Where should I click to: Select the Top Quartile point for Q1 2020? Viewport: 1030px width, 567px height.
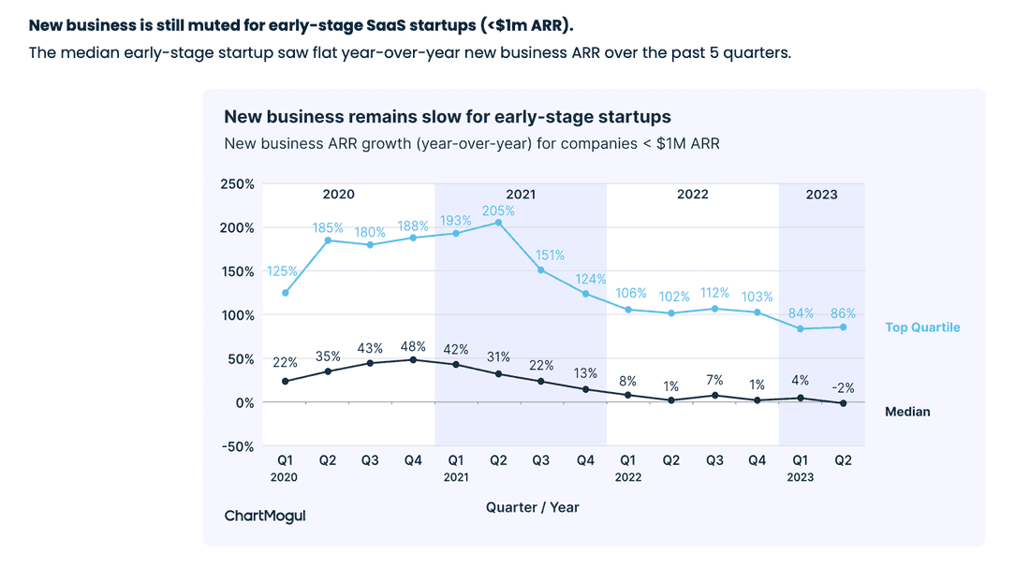click(x=285, y=293)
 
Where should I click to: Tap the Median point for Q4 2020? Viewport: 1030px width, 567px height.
click(x=413, y=359)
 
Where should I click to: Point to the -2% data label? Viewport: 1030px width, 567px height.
click(x=843, y=387)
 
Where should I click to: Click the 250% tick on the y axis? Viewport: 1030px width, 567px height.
click(x=237, y=184)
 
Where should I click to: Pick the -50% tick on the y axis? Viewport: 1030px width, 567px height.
click(x=236, y=446)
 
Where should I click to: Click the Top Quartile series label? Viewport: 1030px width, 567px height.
click(x=922, y=327)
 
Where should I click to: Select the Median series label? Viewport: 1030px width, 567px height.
click(x=907, y=412)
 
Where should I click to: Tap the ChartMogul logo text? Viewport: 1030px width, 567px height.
click(x=265, y=516)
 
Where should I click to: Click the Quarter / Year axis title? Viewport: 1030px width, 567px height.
click(x=532, y=507)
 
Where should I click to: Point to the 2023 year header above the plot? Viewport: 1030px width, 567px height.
click(x=821, y=195)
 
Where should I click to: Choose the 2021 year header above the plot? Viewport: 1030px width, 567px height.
click(x=520, y=195)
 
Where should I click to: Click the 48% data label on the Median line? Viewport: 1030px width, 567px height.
click(x=413, y=343)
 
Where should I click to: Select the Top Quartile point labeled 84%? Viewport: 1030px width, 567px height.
click(x=800, y=328)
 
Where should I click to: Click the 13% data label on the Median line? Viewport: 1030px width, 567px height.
click(x=584, y=373)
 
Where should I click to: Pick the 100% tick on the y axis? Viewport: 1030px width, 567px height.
click(x=237, y=315)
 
